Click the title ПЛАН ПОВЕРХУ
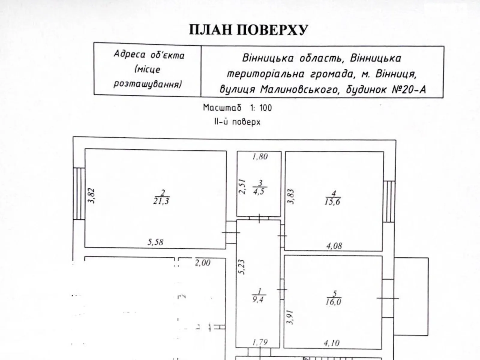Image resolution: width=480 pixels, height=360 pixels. tap(248, 30)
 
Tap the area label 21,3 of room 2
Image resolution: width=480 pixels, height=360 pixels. tap(161, 201)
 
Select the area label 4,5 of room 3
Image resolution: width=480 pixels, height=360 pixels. tap(259, 192)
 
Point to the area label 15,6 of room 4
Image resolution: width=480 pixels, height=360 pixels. tap(332, 202)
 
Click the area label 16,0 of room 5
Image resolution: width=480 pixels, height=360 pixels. tap(333, 302)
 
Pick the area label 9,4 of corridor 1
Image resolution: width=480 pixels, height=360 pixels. tap(258, 299)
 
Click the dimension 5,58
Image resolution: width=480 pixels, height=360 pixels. tap(155, 242)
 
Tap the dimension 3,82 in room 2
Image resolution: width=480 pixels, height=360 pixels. tap(92, 196)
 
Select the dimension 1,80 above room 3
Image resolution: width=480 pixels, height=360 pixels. tap(260, 157)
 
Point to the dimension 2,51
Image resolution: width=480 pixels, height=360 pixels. tap(242, 187)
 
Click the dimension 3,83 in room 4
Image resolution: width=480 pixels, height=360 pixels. tap(291, 196)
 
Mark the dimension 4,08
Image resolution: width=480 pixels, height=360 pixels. tap(334, 246)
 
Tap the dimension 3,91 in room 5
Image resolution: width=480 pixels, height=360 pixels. tap(290, 317)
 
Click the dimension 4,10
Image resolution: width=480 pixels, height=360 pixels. tap(331, 343)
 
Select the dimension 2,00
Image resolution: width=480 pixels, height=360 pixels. tap(202, 263)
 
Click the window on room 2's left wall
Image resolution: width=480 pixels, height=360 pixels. tap(79, 193)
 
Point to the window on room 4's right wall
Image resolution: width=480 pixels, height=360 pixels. tap(389, 201)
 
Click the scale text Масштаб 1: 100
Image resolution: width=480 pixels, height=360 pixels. tap(237, 108)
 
